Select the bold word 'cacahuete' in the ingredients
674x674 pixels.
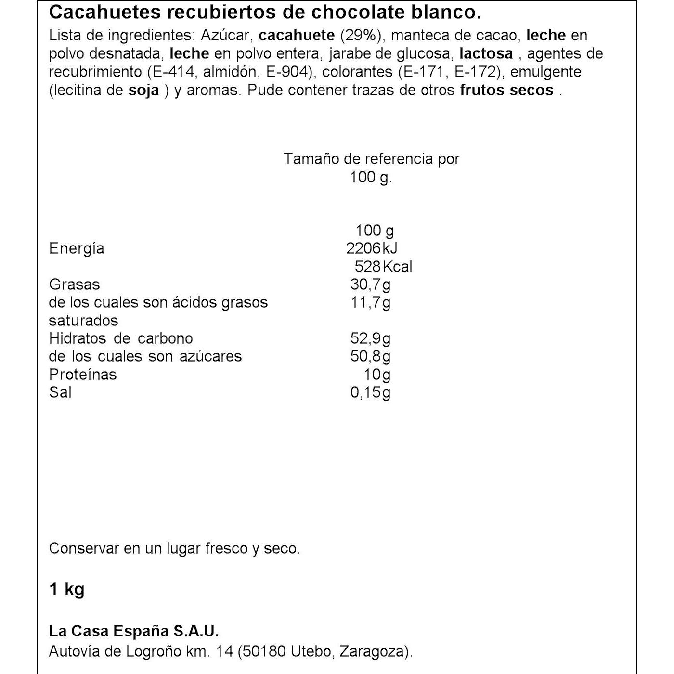click(297, 35)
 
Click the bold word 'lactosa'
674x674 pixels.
click(486, 53)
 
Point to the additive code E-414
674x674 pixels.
click(171, 72)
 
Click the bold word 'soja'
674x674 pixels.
click(144, 90)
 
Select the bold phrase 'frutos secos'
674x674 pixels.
click(506, 90)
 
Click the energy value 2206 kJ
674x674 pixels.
click(371, 248)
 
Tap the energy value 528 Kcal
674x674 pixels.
click(383, 267)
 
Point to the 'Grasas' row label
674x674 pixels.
click(74, 285)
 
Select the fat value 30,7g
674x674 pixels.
click(370, 285)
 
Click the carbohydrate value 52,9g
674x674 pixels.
click(370, 338)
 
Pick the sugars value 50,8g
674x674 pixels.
click(370, 356)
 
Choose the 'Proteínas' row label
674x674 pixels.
click(83, 375)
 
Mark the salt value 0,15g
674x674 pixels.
click(370, 392)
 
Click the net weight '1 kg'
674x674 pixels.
click(66, 589)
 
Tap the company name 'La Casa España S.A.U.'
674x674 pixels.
click(134, 631)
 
